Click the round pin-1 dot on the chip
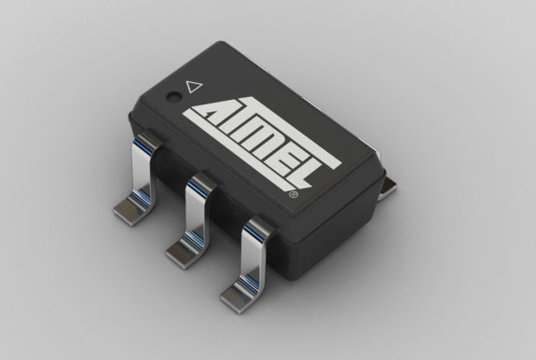[172, 95]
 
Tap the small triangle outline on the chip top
[194, 86]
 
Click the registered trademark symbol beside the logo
[295, 197]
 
